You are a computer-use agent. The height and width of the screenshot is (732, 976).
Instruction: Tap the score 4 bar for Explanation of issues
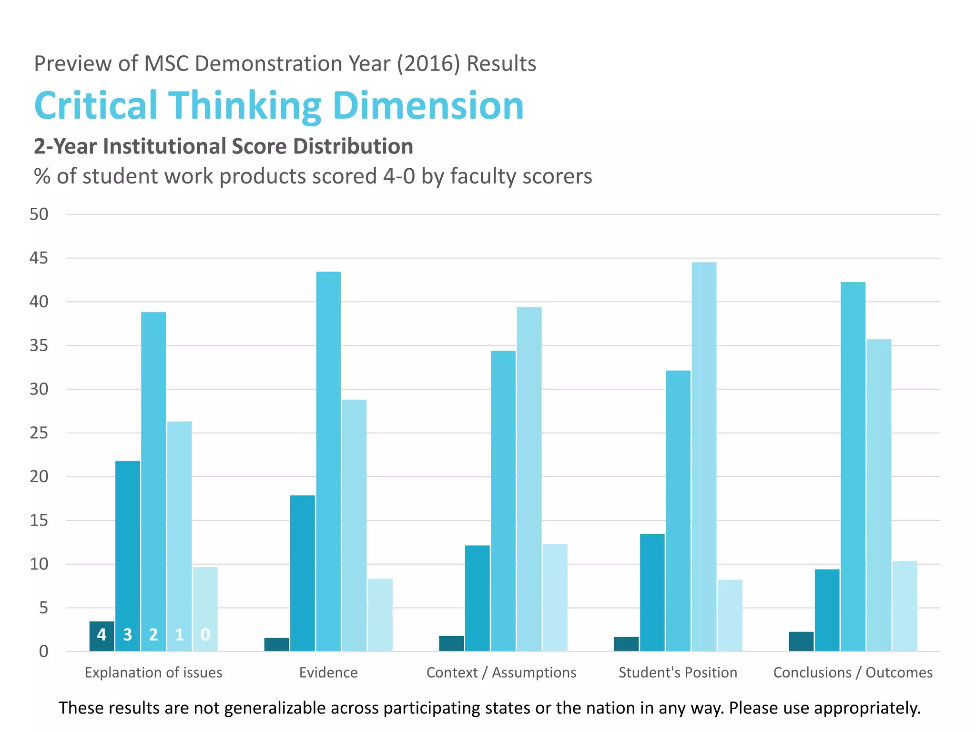(102, 636)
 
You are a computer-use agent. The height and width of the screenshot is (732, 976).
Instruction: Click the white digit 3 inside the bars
(127, 635)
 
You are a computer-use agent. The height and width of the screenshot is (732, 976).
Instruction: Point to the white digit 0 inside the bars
(205, 635)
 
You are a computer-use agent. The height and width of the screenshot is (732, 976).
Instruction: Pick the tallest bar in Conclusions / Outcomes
(853, 467)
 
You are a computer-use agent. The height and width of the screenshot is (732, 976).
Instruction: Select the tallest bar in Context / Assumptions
(529, 479)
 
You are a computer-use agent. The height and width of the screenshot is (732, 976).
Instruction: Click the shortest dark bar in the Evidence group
(276, 644)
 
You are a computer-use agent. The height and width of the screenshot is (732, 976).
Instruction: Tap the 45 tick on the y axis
(39, 258)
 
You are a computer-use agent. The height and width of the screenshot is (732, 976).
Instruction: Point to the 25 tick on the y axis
(39, 433)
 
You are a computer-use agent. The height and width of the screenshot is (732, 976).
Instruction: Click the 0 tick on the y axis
(43, 651)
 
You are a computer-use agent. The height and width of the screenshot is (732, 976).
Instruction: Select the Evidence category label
(328, 672)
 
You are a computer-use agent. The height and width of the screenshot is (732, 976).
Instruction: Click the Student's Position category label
(678, 672)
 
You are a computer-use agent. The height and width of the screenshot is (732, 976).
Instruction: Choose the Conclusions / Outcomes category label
(853, 672)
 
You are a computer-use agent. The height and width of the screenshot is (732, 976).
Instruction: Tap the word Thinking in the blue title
(245, 106)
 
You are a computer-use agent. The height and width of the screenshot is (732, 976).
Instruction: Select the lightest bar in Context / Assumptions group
(555, 598)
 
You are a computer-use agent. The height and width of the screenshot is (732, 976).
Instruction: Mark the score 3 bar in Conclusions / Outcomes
(827, 610)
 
